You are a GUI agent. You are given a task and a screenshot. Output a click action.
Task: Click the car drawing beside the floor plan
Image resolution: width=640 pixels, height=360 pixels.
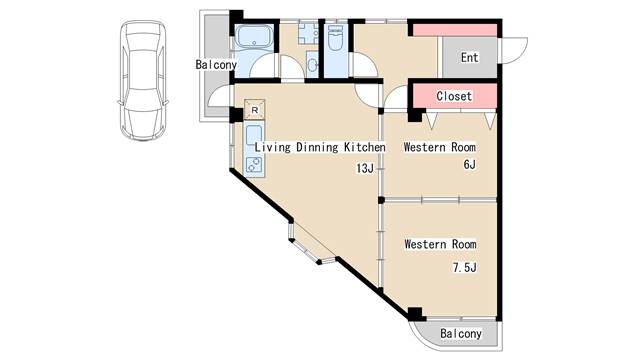coord(143,81)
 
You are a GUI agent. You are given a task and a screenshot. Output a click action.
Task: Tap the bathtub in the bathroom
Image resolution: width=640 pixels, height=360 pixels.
coord(255,37)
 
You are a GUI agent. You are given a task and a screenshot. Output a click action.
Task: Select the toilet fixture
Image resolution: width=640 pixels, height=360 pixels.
coord(336,38)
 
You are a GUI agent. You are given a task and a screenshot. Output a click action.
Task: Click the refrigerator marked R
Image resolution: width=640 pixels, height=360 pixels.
coord(255,109)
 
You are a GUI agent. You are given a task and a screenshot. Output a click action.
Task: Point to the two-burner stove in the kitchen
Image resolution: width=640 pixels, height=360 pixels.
coord(254,165)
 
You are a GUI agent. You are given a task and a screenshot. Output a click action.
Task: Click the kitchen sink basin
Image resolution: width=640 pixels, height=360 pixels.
coord(254,135)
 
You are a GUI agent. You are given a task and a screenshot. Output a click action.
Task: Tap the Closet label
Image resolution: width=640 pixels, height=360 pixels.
coord(454,96)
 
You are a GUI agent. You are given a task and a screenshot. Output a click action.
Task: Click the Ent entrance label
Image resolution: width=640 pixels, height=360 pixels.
coord(469,58)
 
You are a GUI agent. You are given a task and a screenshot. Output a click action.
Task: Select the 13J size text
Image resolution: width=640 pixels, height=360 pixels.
coord(365,168)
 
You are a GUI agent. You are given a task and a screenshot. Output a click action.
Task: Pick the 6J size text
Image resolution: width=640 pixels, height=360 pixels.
coord(469,164)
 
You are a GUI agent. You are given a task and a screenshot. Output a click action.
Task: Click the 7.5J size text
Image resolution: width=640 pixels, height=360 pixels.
coord(464,268)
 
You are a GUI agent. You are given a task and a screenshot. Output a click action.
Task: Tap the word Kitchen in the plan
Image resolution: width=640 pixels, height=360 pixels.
coord(364,147)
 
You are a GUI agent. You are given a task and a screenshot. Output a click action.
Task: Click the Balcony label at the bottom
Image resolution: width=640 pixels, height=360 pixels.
coord(461,334)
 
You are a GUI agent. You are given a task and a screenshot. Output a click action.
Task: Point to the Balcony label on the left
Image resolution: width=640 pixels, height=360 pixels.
coord(216,64)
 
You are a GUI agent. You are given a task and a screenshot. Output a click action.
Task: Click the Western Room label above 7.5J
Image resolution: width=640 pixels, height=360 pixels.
coord(440,244)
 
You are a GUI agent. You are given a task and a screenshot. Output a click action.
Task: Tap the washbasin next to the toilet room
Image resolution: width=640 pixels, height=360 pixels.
coord(312,64)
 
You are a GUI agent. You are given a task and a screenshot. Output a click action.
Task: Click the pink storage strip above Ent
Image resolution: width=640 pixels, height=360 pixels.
coord(455,30)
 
